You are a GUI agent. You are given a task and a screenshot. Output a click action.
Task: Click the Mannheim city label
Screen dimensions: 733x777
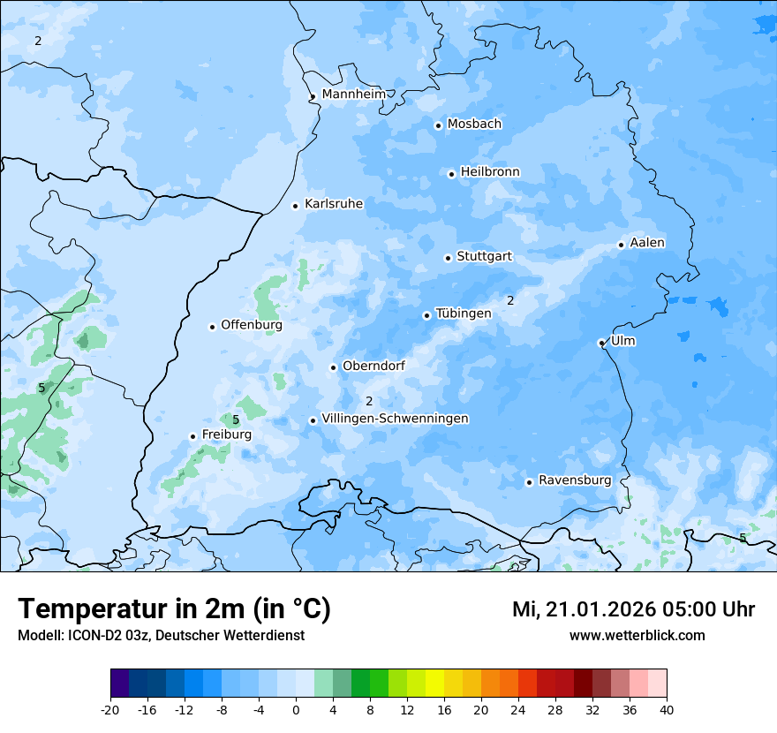coord(352,94)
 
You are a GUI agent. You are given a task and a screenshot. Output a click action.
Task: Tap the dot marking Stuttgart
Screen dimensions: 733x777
coord(448,258)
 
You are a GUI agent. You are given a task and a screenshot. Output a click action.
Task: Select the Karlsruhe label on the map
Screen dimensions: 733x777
coord(334,204)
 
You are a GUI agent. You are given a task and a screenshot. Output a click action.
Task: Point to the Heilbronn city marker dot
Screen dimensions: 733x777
coord(451,174)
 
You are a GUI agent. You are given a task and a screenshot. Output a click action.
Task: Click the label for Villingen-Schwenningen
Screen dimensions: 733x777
coord(395,419)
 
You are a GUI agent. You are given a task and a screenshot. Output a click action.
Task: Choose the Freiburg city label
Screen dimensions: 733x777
coord(226,435)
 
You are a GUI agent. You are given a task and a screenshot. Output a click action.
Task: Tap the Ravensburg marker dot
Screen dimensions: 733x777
coord(529,482)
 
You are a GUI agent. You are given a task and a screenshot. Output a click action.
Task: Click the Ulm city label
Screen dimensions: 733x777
coord(622,341)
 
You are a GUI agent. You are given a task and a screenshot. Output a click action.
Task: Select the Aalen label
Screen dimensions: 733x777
coord(647,243)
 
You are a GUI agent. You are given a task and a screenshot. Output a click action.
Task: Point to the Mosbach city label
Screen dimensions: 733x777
coord(474,125)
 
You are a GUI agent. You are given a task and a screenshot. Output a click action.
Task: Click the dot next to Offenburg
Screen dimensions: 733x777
coord(212,327)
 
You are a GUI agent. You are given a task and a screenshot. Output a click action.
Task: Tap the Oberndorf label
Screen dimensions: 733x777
coord(373,366)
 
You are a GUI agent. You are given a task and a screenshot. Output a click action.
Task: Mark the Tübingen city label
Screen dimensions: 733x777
coord(464,314)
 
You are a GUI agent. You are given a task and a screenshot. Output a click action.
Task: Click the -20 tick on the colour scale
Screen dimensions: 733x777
coord(110,710)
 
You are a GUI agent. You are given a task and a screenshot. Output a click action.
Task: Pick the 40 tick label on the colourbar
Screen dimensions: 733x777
coord(667,710)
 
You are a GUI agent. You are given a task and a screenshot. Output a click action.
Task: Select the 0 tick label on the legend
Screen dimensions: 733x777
coord(296,710)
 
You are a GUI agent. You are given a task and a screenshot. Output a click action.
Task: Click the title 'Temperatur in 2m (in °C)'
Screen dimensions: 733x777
coord(174,609)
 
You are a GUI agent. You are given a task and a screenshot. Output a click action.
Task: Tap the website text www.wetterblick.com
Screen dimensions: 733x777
coord(637,636)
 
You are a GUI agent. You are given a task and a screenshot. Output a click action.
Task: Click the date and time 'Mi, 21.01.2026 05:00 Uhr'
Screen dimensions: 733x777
coord(633,609)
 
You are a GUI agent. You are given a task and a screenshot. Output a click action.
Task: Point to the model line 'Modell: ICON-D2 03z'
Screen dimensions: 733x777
coord(161,636)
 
